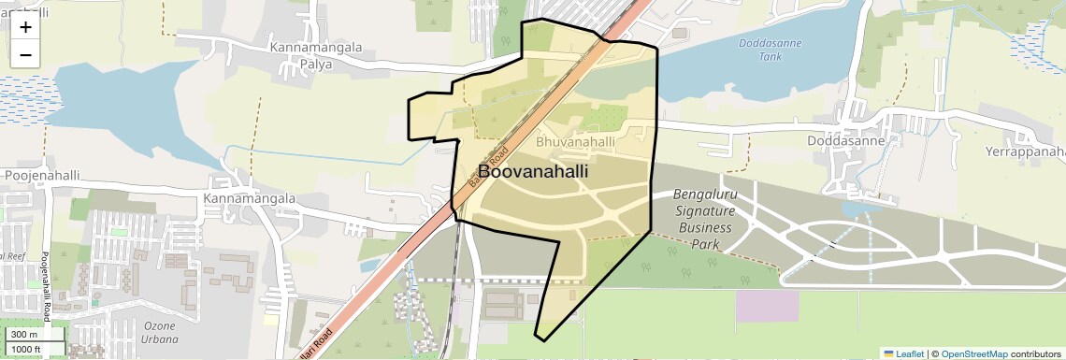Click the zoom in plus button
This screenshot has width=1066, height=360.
[x=25, y=28]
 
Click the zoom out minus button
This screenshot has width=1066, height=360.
[x=25, y=54]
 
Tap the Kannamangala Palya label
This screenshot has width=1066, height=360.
[x=315, y=56]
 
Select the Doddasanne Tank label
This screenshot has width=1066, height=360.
[x=759, y=50]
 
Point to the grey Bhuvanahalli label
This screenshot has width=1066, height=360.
[x=575, y=142]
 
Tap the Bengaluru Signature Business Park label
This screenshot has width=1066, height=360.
[x=706, y=219]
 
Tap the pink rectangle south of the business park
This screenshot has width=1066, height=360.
[x=767, y=307]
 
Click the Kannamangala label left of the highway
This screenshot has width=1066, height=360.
[x=249, y=199]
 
